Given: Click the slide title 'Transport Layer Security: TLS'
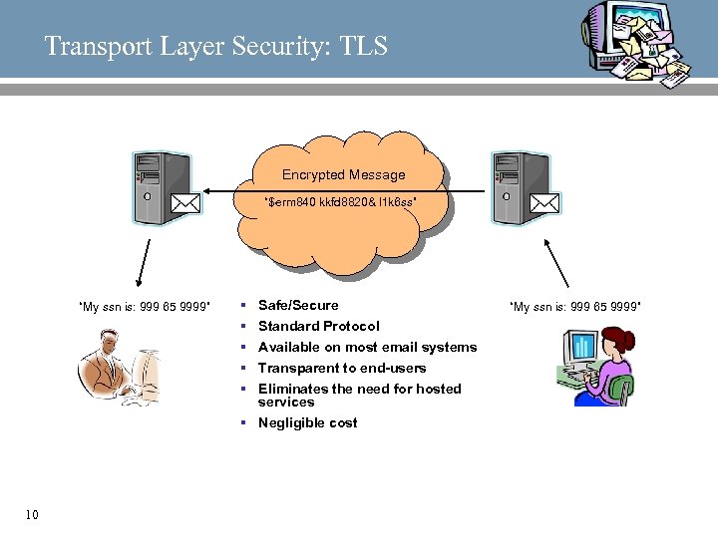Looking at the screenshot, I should [x=215, y=46].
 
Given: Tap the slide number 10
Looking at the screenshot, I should [x=32, y=515].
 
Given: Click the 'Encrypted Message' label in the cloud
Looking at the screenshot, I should [x=343, y=175].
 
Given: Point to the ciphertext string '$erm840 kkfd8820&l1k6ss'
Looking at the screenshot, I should [x=340, y=203].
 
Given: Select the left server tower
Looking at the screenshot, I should [x=150, y=189].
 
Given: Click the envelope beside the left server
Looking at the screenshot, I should [x=185, y=203].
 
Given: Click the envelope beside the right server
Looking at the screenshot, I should [x=544, y=203].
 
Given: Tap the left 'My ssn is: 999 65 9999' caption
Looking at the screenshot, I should [x=144, y=307].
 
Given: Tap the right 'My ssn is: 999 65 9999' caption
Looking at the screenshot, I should [x=574, y=305].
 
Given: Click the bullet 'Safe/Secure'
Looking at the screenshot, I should [x=298, y=305].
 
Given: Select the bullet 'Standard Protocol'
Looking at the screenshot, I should [x=318, y=326].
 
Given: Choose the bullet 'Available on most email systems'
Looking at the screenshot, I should [x=367, y=347].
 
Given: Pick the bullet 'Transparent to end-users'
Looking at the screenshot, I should [x=341, y=368].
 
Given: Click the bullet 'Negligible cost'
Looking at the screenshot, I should [x=307, y=422].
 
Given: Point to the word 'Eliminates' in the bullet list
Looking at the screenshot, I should [x=292, y=389].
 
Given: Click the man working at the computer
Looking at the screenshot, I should [x=118, y=368].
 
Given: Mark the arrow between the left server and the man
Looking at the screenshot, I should [x=144, y=264].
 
